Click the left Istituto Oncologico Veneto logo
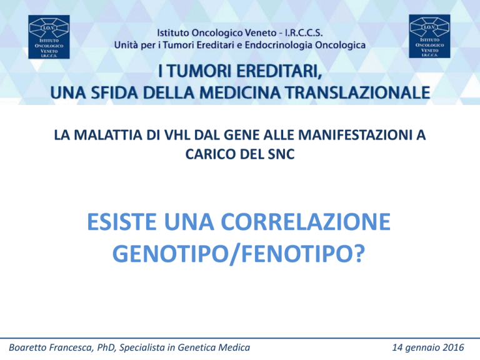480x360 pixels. click(x=49, y=37)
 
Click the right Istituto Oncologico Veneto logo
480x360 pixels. click(x=429, y=36)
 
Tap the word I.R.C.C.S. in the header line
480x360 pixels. click(x=304, y=32)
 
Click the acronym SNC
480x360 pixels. click(x=281, y=154)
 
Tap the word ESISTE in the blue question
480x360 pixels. click(x=122, y=222)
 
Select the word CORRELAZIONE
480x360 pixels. click(x=306, y=222)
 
